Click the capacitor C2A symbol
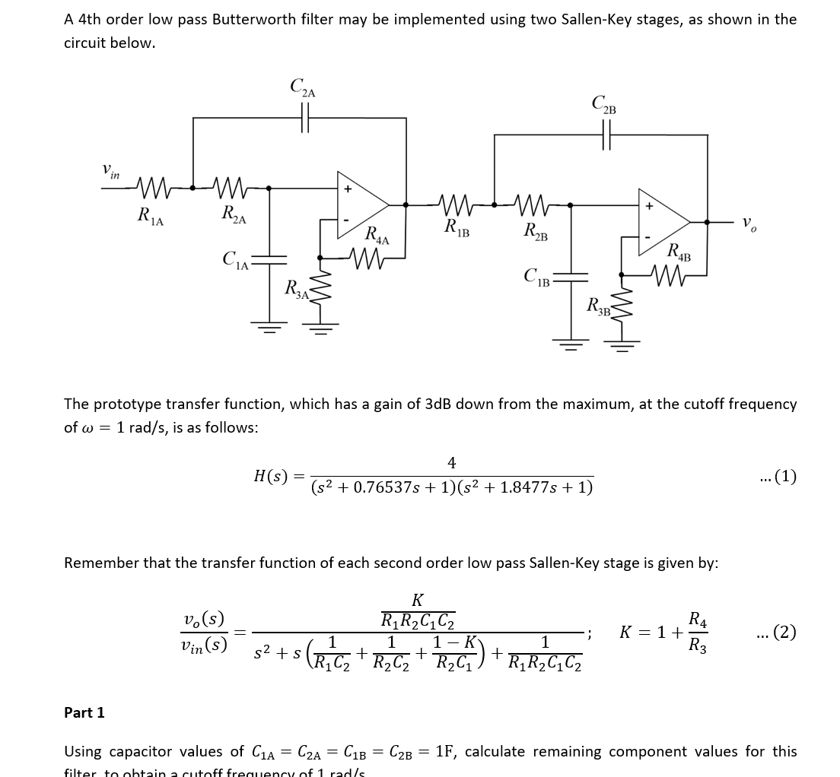[x=306, y=119]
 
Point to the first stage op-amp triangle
[x=362, y=203]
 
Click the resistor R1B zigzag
[x=460, y=204]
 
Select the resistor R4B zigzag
[x=670, y=275]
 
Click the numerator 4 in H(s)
[x=451, y=462]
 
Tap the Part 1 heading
[x=84, y=712]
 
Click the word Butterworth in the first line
[x=252, y=19]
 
